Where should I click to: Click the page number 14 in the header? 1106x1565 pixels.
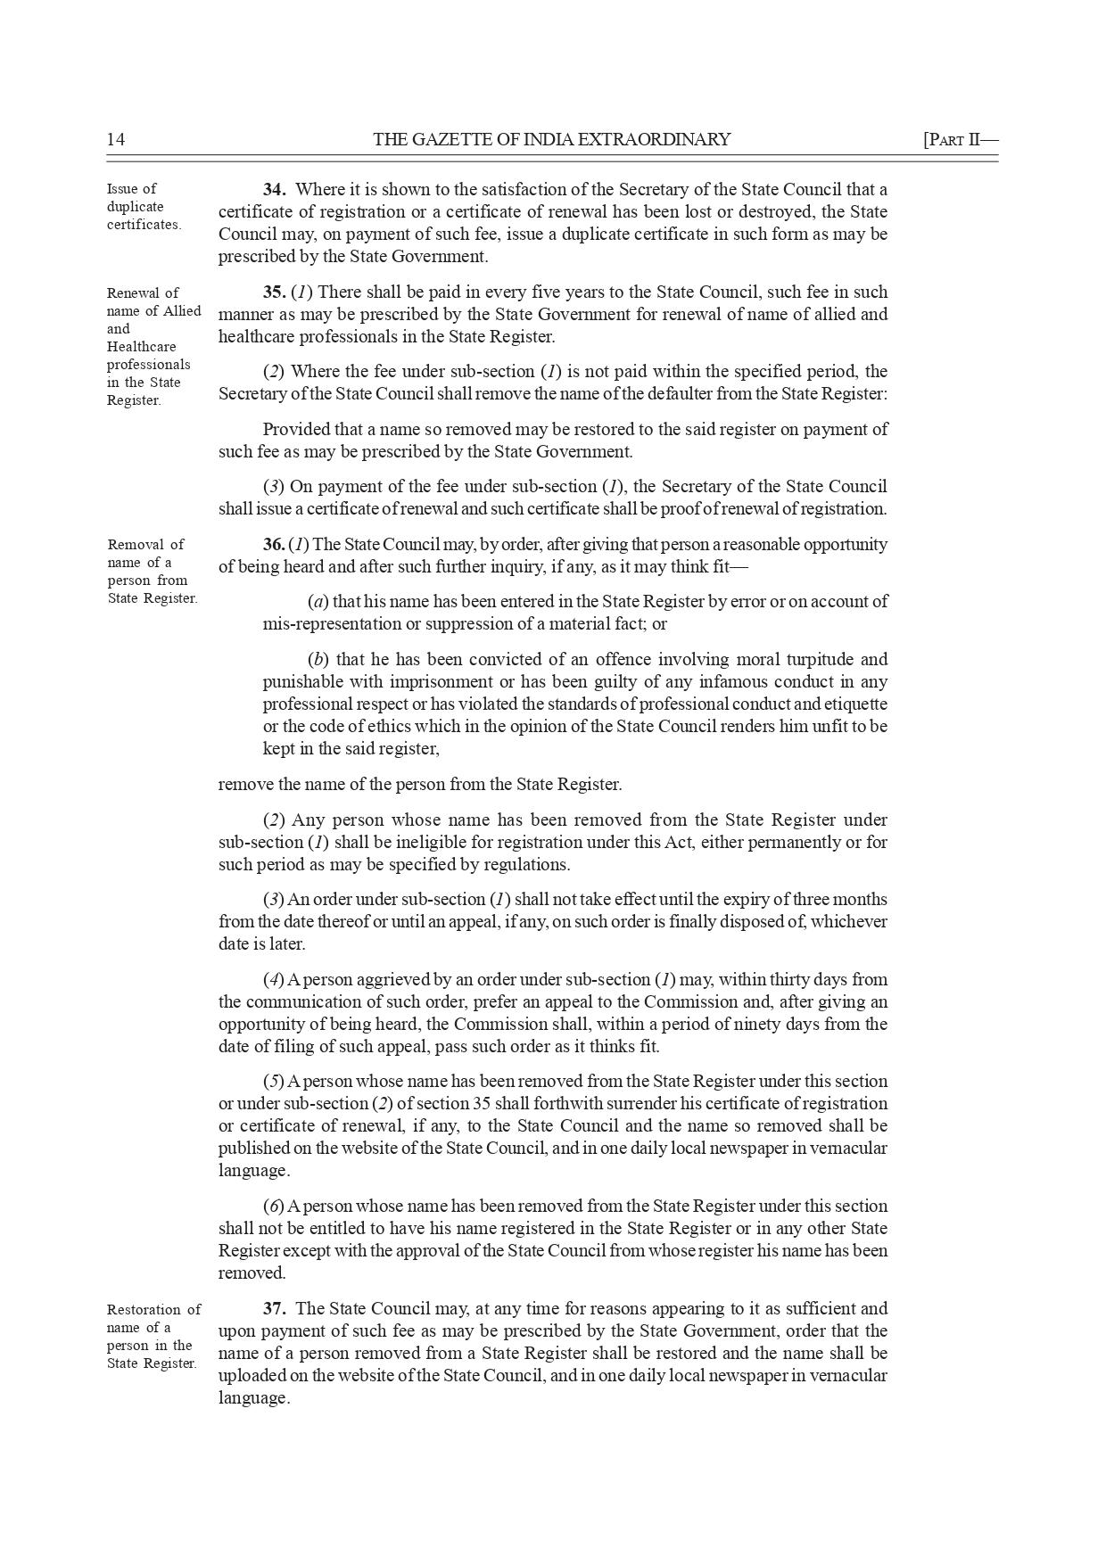(116, 139)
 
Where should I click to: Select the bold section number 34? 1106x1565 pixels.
(274, 190)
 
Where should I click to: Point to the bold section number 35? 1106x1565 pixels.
(274, 292)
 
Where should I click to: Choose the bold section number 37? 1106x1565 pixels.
(274, 1309)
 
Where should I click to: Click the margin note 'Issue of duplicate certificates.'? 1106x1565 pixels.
(143, 207)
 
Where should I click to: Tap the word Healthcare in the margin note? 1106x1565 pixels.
(142, 347)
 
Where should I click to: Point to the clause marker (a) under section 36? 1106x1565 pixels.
(316, 602)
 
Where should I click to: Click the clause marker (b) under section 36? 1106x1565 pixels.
(317, 660)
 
